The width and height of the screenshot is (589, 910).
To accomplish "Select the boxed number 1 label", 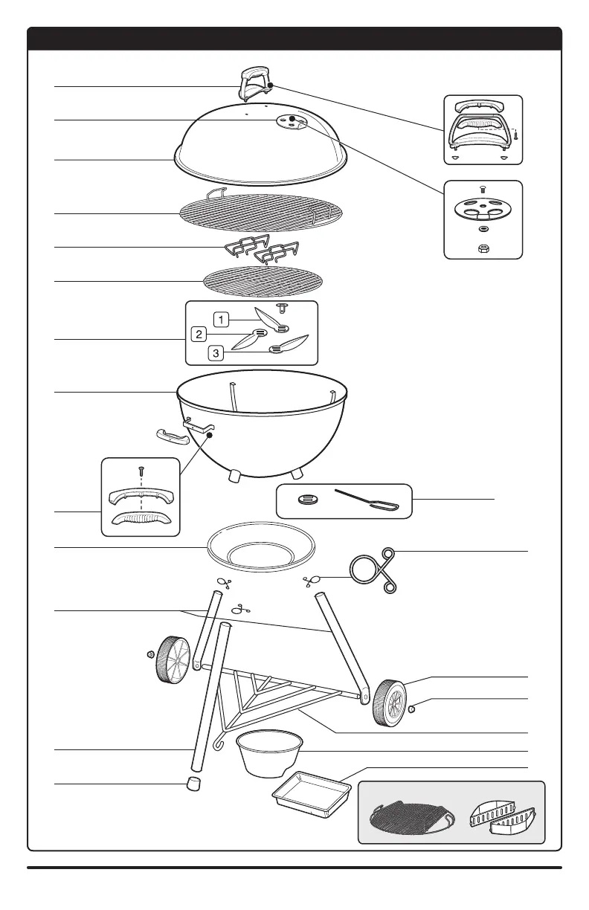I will click(x=221, y=319).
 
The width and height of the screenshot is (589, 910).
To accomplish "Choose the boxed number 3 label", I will click(x=215, y=353).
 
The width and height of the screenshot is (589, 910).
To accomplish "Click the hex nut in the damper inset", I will click(x=483, y=247).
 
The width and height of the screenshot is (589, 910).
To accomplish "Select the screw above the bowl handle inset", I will click(x=141, y=471).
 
